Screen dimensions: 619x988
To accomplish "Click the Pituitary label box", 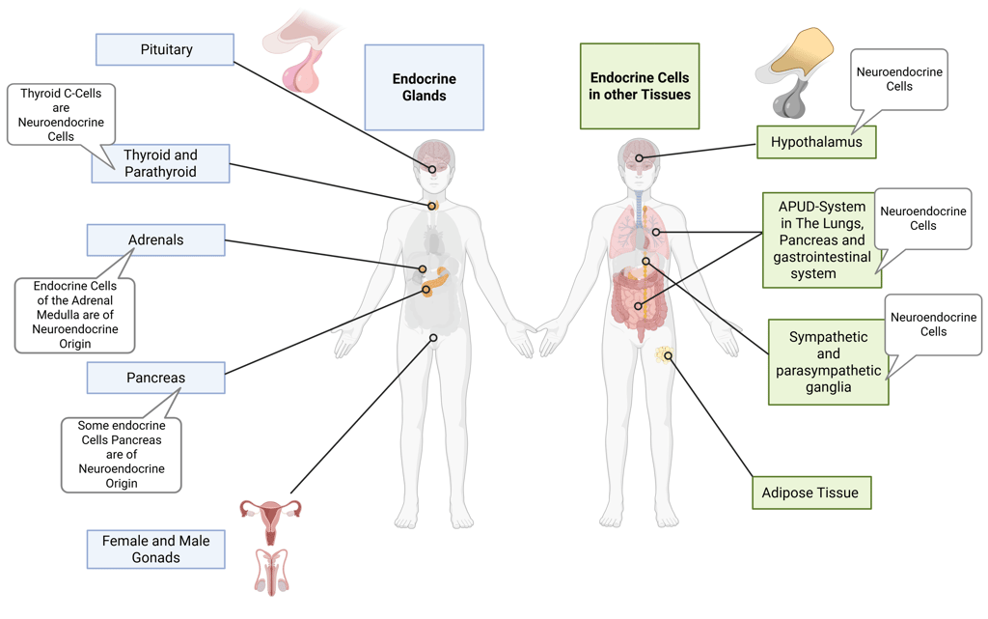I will [165, 49].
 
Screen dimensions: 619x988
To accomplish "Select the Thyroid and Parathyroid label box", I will [160, 163].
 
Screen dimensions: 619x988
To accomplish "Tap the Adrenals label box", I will [155, 239].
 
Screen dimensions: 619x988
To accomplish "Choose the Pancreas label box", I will [155, 378].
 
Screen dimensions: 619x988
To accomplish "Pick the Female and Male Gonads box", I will [155, 549].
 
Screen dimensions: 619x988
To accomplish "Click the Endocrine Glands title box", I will [424, 87].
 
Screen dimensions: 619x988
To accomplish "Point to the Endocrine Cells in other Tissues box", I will [640, 86].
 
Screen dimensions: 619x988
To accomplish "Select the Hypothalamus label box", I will [816, 143].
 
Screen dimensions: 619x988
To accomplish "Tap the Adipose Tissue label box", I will [810, 492].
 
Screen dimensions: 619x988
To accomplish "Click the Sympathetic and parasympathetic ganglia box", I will [828, 362].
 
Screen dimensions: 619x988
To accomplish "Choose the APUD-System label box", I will [821, 239].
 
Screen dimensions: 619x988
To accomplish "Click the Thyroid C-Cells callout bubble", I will [62, 115].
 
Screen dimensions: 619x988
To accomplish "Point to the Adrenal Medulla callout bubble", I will [75, 315].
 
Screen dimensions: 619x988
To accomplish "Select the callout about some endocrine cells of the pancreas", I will [122, 454].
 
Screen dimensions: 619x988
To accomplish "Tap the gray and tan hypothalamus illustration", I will [799, 72].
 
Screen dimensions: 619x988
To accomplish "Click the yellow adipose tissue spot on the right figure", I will [664, 355].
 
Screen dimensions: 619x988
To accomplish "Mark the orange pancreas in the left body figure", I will [437, 279].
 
